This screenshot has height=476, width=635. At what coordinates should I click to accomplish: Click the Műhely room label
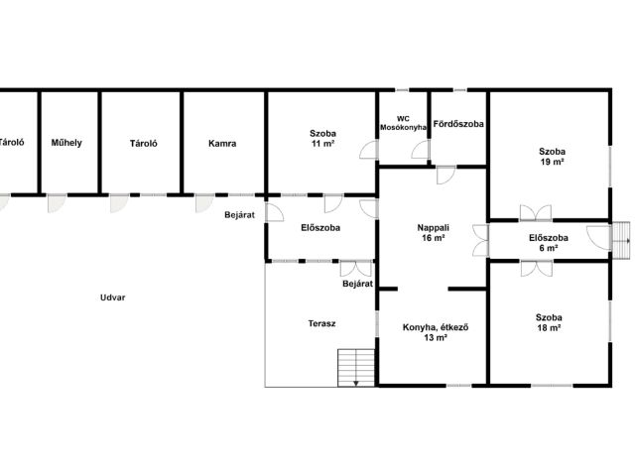click(x=66, y=143)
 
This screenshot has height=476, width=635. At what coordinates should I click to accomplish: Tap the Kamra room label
click(x=222, y=143)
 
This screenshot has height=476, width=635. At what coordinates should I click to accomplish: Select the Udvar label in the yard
click(x=112, y=297)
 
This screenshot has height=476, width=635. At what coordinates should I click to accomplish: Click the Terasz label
click(x=321, y=323)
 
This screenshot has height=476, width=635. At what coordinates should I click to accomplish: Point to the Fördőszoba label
click(x=458, y=124)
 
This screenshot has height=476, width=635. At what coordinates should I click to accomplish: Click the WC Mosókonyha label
click(x=403, y=123)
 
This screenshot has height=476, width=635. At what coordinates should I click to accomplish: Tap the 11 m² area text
click(x=322, y=143)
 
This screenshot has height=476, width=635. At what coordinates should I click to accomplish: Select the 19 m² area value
click(x=552, y=162)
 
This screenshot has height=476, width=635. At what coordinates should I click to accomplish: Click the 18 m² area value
click(x=549, y=328)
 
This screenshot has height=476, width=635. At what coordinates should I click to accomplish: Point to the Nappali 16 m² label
click(x=434, y=233)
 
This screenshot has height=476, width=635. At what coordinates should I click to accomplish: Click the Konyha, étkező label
click(x=436, y=327)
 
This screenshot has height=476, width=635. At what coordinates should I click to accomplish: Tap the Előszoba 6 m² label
click(x=549, y=243)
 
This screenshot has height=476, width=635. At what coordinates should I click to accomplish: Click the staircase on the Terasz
click(x=356, y=368)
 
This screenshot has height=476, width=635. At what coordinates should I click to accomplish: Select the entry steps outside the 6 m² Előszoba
click(x=620, y=240)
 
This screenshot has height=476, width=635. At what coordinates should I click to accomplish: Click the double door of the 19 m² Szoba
click(x=536, y=213)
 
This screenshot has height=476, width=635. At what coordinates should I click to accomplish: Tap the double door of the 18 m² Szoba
click(x=536, y=269)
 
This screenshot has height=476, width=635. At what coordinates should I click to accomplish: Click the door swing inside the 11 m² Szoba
click(x=368, y=150)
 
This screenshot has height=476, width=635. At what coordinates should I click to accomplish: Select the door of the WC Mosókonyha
click(x=421, y=150)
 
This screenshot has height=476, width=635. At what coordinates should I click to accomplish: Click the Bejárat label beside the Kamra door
click(x=240, y=215)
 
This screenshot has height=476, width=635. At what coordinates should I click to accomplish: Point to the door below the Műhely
click(x=57, y=203)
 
